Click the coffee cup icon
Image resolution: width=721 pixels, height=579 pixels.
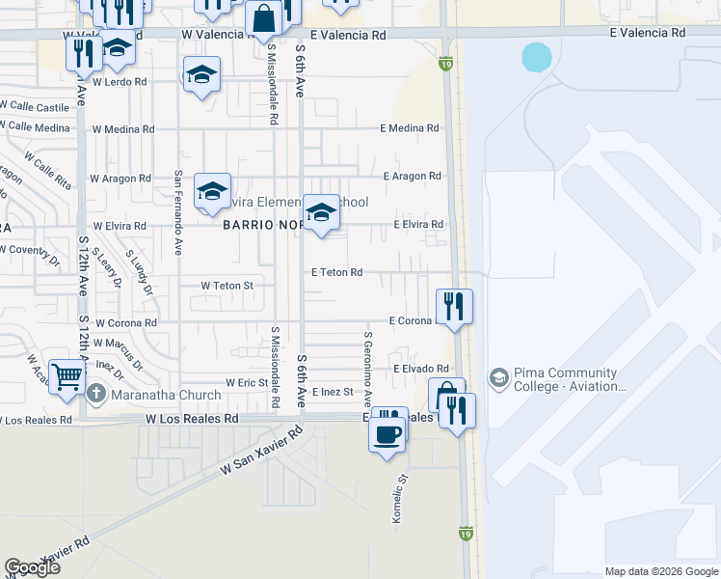point(387,433)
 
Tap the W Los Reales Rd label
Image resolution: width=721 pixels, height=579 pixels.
point(192,420)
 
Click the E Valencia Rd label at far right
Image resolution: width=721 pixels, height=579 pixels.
point(647,32)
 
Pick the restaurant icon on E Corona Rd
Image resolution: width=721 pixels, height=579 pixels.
point(453,306)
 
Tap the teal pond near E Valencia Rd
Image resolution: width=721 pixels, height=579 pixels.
point(537,57)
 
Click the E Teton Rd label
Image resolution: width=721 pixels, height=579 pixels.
point(336,273)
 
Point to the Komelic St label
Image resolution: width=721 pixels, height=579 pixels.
point(396,498)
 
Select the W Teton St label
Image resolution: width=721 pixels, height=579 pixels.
point(227,286)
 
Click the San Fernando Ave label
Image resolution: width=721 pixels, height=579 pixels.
point(178,212)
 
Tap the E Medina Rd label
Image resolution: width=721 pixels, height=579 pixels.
point(409,128)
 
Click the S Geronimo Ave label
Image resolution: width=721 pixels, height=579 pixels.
point(367,371)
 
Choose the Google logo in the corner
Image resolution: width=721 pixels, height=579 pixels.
point(32,567)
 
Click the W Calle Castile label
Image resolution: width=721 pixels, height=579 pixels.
point(35,107)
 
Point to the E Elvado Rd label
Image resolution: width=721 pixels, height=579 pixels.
point(421,369)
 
